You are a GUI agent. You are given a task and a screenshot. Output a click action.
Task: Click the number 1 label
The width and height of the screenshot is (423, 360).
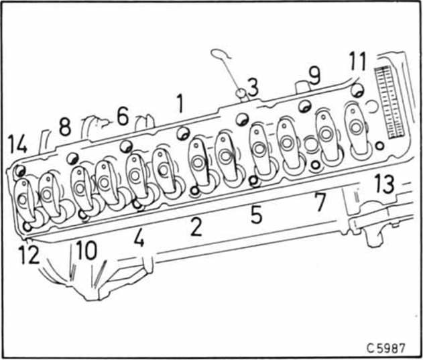180,103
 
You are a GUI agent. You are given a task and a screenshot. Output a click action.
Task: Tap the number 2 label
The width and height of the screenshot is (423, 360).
196,227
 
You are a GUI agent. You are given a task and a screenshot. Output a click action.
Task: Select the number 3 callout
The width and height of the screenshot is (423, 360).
253,87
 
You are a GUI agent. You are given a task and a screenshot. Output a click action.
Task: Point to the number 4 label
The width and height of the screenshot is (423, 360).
139,237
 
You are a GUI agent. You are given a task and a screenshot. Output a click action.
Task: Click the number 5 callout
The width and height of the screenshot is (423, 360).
256,215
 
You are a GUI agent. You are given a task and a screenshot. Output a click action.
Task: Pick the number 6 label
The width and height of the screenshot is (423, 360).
123,116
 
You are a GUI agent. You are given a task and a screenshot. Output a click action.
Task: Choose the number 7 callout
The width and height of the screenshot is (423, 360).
320,201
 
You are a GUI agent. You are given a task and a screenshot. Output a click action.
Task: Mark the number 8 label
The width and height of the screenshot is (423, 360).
65,127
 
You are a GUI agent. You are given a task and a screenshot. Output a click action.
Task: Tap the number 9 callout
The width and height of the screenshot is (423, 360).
314,75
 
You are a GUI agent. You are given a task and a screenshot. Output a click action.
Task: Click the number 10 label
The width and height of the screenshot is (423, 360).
86,250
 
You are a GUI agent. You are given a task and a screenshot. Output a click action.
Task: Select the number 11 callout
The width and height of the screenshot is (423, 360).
357,62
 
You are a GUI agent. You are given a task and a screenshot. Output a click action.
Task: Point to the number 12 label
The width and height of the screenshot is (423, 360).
29,255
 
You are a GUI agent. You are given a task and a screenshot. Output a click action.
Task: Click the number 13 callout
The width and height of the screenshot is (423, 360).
384,184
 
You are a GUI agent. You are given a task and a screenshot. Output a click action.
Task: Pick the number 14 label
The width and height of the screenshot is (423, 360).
17,144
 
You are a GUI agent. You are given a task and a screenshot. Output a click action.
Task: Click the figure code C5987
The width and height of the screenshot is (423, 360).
385,348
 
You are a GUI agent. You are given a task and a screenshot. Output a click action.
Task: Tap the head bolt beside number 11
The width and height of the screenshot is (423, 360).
357,91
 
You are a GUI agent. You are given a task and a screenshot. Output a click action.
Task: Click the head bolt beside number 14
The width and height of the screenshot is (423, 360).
19,171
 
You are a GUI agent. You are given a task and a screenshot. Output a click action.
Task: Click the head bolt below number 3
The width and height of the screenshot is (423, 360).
242,119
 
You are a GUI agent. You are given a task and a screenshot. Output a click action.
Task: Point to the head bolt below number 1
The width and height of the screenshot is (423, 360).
184,133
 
